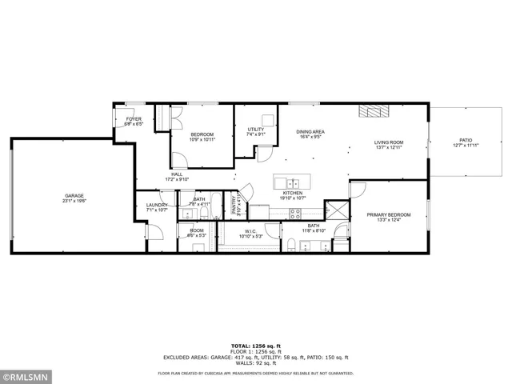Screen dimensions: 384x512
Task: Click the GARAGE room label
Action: [74, 195]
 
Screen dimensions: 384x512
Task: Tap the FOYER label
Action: [133, 120]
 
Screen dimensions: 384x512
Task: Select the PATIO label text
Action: [465, 140]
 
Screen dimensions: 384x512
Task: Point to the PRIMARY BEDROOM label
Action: [389, 214]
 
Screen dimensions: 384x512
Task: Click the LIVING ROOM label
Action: [388, 142]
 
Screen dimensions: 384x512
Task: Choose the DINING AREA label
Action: [310, 131]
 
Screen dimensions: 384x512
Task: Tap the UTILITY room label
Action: [255, 129]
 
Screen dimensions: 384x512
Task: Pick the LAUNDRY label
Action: [156, 205]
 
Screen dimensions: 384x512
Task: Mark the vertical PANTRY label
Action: [234, 205]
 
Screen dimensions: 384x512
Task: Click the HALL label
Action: [177, 174]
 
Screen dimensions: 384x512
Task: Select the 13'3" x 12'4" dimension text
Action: [389, 220]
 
